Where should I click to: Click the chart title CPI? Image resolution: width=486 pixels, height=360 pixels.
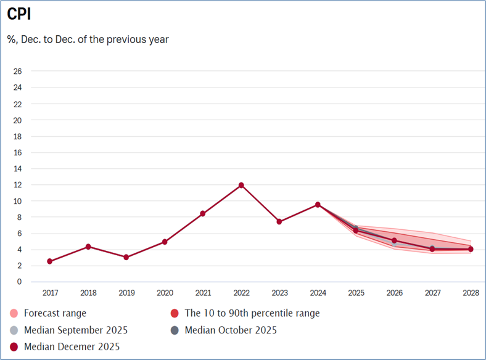point(19,14)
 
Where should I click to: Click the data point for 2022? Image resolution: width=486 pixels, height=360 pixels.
point(241,185)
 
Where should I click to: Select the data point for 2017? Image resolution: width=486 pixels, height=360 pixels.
point(49,261)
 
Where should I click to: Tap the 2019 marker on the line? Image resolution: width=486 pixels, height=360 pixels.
point(126,257)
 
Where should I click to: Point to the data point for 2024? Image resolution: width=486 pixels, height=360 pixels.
point(318,205)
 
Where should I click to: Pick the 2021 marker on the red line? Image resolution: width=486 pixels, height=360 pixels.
point(203,213)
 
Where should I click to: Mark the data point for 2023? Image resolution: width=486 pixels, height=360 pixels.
point(279,221)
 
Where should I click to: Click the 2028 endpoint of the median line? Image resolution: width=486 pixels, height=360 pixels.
point(471,249)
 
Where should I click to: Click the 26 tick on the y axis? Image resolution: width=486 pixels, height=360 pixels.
point(18,72)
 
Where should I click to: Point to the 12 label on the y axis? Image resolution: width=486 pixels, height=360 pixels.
point(18,185)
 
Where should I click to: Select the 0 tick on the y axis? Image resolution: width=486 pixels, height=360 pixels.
point(20,282)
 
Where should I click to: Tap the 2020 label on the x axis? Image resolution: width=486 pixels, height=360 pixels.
point(164,293)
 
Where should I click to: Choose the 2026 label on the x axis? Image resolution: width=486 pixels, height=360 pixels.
point(394,293)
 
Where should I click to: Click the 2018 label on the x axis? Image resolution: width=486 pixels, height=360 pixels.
point(88,293)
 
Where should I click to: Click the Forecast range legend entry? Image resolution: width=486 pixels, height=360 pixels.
point(55,313)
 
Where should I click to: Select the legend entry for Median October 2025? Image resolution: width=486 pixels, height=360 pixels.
point(231,330)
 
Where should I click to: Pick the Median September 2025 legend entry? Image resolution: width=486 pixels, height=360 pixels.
point(75,330)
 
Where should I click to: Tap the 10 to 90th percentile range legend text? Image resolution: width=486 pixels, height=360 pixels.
point(252,313)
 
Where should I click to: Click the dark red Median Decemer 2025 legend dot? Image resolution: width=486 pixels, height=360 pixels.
point(14,346)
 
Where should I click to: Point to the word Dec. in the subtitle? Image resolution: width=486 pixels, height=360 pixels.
point(40,39)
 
